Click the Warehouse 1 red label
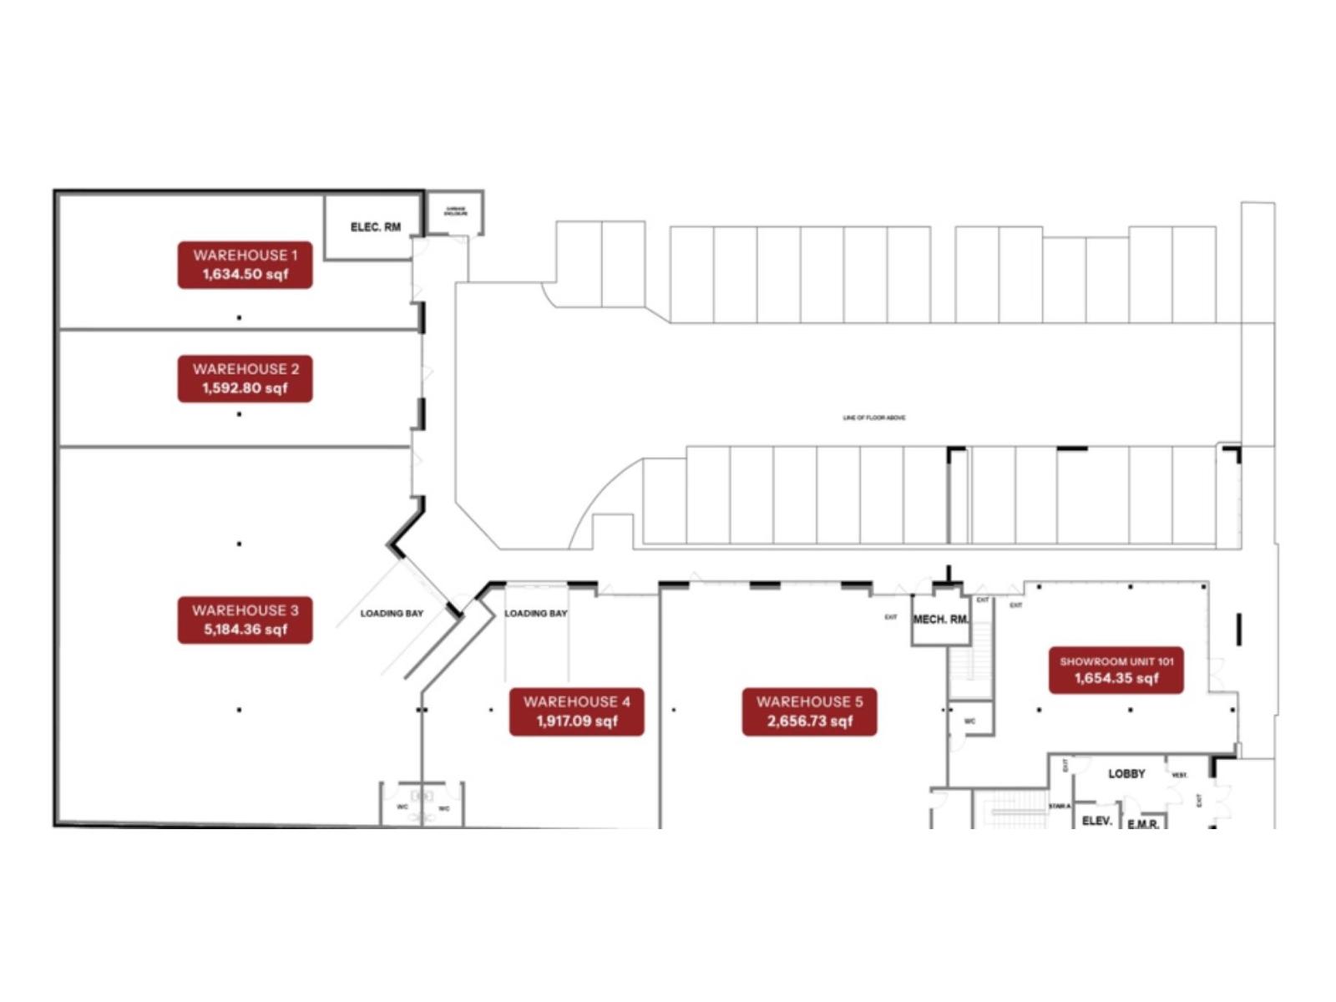tap(245, 265)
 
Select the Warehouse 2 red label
tap(245, 378)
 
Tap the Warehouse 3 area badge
tap(245, 620)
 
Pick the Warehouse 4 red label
tap(576, 711)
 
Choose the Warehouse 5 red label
tap(809, 711)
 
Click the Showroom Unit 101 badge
tap(1116, 670)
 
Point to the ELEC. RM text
tap(375, 227)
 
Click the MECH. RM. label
tap(941, 620)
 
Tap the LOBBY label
tap(1126, 774)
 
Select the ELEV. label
tap(1096, 821)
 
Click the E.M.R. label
tap(1142, 824)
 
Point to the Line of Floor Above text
tap(874, 417)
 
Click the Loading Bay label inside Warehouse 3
tap(392, 614)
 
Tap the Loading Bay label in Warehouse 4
tap(535, 614)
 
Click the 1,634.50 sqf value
tap(245, 275)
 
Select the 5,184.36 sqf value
tap(245, 630)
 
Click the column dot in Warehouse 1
tap(240, 317)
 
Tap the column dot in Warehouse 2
tap(240, 414)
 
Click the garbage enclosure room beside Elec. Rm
tap(455, 212)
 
